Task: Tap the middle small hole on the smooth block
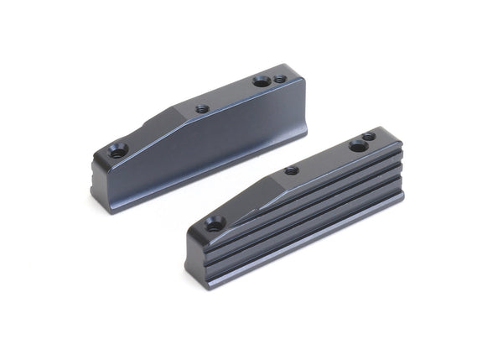(x=201, y=108)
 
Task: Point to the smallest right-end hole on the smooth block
(x=280, y=80)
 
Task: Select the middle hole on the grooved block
(x=291, y=170)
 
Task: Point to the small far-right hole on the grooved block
(x=369, y=136)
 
